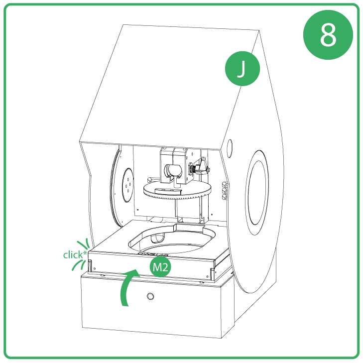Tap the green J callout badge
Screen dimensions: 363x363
(242, 69)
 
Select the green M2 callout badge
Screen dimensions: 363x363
(160, 267)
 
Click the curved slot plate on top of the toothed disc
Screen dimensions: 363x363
(167, 191)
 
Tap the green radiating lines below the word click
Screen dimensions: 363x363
(79, 266)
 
